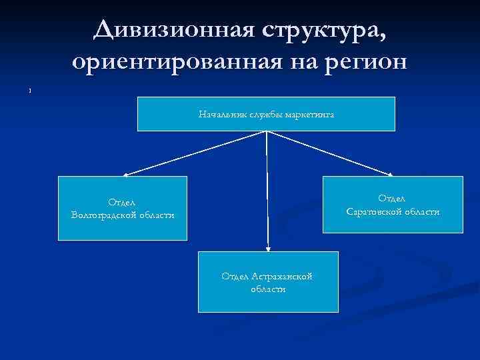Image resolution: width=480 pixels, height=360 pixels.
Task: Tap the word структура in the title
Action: (x=321, y=30)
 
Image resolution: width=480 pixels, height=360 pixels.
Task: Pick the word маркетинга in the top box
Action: (x=309, y=114)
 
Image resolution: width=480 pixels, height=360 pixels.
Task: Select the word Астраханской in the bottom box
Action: (x=283, y=277)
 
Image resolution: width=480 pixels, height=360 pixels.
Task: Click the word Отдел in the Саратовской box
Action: (x=392, y=198)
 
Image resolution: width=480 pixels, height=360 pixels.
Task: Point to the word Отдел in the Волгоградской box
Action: (x=122, y=202)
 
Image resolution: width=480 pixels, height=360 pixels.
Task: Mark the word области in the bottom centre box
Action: (x=268, y=289)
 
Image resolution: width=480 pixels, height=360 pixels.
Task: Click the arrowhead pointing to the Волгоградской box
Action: (x=126, y=174)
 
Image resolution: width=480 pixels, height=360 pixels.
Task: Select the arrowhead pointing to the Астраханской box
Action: (x=267, y=247)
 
